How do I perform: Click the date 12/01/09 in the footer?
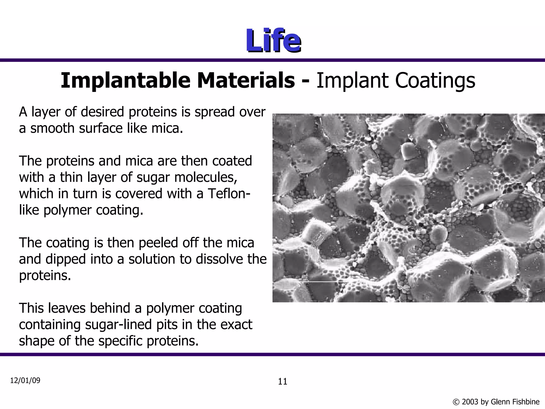(x=25, y=381)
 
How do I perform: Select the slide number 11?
(x=283, y=382)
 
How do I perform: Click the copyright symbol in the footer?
(x=456, y=402)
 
